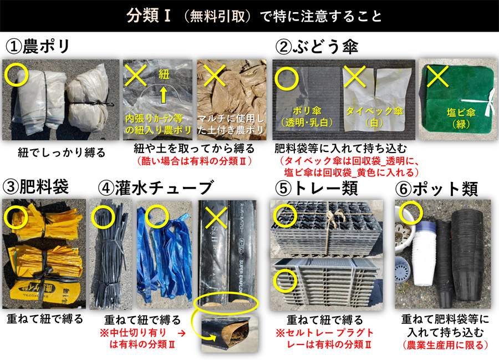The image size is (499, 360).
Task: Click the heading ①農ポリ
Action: click(x=38, y=47)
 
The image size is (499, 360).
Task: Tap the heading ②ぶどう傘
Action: click(x=317, y=47)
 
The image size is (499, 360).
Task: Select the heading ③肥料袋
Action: click(x=35, y=186)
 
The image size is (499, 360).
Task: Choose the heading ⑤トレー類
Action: click(x=317, y=189)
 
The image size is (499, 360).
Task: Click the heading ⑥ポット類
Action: click(x=436, y=189)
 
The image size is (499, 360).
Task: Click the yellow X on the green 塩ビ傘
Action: click(x=437, y=77)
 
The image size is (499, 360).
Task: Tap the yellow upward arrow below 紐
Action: click(x=163, y=95)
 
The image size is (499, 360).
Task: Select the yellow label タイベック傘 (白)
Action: click(x=375, y=116)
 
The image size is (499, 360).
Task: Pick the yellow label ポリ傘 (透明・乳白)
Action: click(x=307, y=116)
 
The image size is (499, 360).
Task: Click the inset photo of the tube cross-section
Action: click(x=230, y=333)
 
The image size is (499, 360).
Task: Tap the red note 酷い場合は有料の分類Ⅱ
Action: click(x=195, y=161)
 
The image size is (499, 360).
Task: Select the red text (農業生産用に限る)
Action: click(x=445, y=345)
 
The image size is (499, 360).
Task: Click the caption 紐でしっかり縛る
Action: click(x=62, y=153)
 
